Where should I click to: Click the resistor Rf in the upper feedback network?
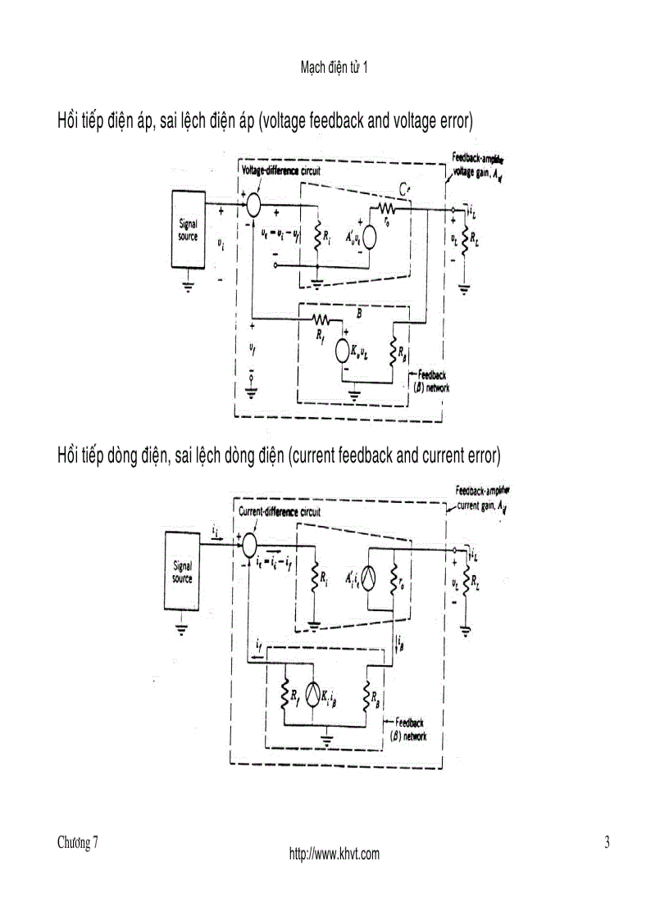pyautogui.click(x=320, y=319)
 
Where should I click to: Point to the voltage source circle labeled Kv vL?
pyautogui.click(x=344, y=351)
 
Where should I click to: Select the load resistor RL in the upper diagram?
pyautogui.click(x=464, y=242)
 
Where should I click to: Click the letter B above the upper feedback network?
pyautogui.click(x=357, y=311)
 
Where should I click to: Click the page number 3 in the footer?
pyautogui.click(x=607, y=843)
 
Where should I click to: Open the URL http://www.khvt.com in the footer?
pyautogui.click(x=334, y=854)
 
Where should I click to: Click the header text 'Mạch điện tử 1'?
pyautogui.click(x=334, y=68)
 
